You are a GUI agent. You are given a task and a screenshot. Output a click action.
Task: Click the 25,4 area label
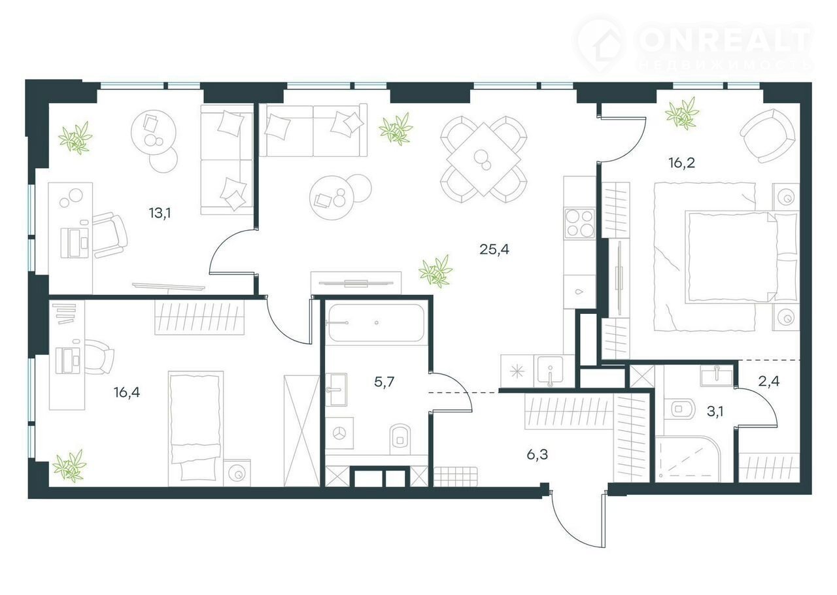494,249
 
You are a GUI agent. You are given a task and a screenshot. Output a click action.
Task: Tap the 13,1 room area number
160,213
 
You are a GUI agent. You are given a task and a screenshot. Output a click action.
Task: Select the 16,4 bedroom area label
127,392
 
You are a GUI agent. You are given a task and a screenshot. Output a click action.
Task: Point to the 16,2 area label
682,163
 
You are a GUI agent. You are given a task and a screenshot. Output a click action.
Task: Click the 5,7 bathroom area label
384,382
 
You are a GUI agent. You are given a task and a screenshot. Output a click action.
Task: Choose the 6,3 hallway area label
538,455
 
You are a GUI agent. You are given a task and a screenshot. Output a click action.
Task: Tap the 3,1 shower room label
715,411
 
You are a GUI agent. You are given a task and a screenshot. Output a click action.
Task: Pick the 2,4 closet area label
769,382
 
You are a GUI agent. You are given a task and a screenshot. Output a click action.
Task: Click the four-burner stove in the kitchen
579,224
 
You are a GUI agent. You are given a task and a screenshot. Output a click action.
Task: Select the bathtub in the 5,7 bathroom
377,323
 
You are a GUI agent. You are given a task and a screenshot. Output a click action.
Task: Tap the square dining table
483,160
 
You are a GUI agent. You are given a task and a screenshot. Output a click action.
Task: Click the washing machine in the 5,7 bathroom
339,433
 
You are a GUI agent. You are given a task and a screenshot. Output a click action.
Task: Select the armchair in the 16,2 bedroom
768,136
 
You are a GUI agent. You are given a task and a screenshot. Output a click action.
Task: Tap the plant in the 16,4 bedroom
69,466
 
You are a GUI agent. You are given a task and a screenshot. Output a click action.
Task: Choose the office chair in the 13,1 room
109,235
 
